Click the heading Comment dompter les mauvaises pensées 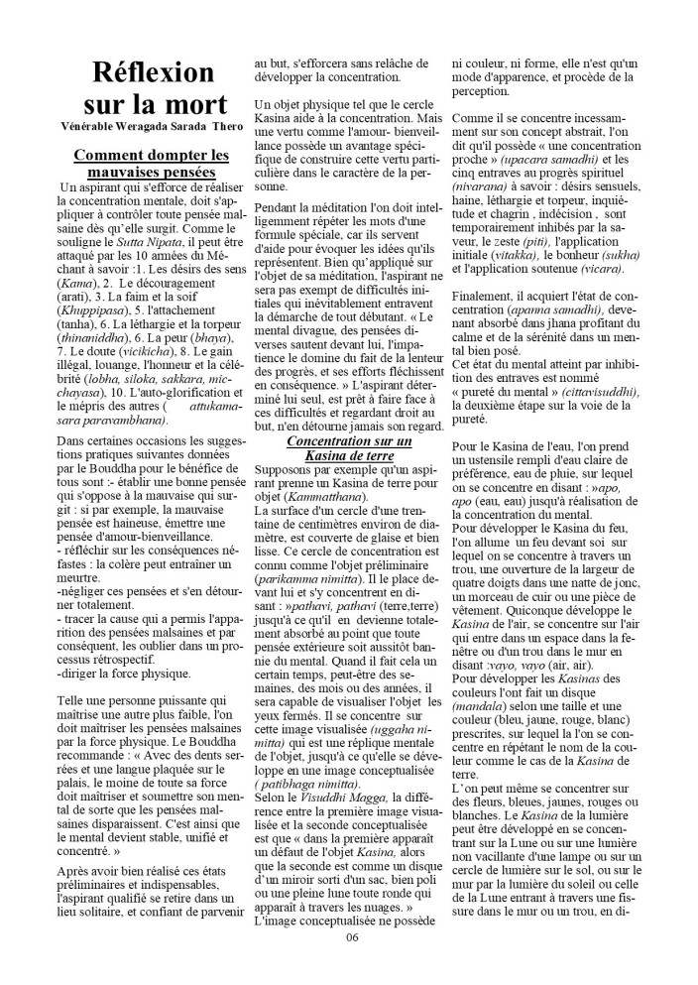pyautogui.click(x=152, y=163)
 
